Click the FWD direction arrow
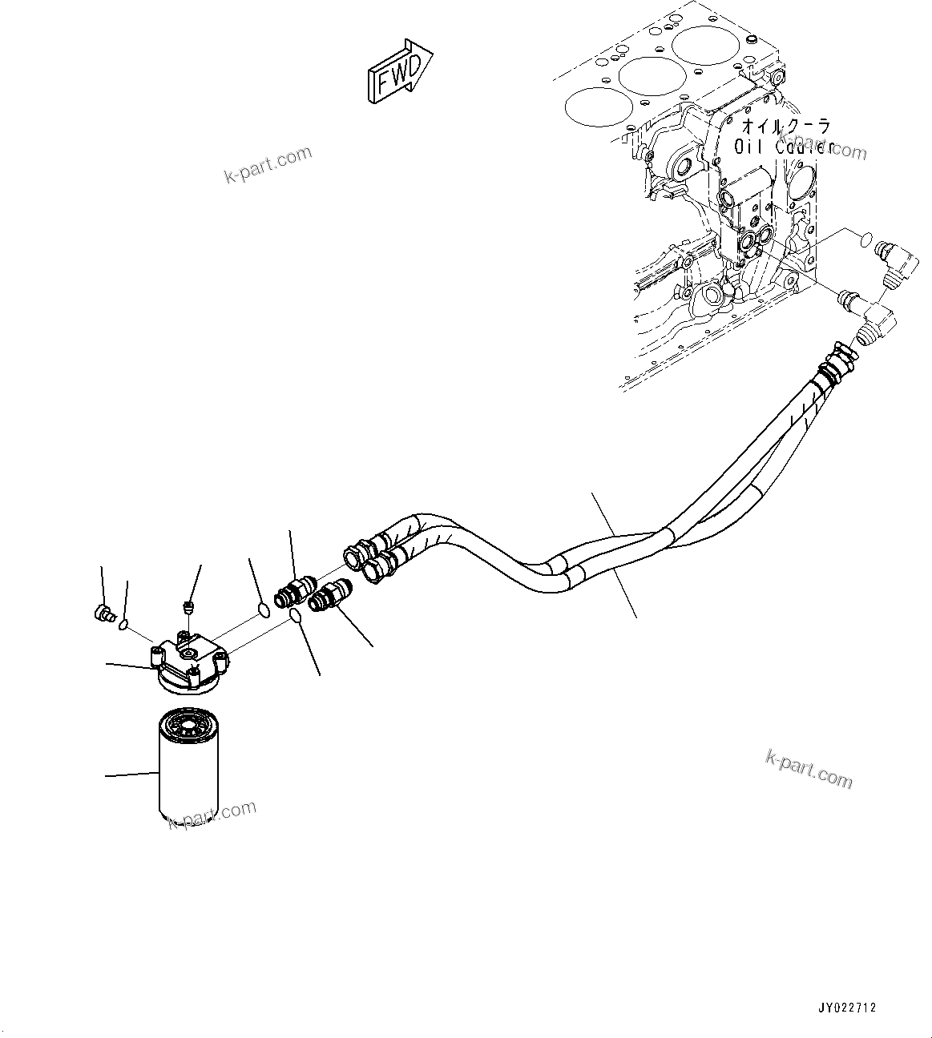point(399,71)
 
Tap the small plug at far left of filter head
point(102,614)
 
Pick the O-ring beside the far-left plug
point(123,623)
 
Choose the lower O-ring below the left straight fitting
point(294,616)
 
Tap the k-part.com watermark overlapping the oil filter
point(212,815)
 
